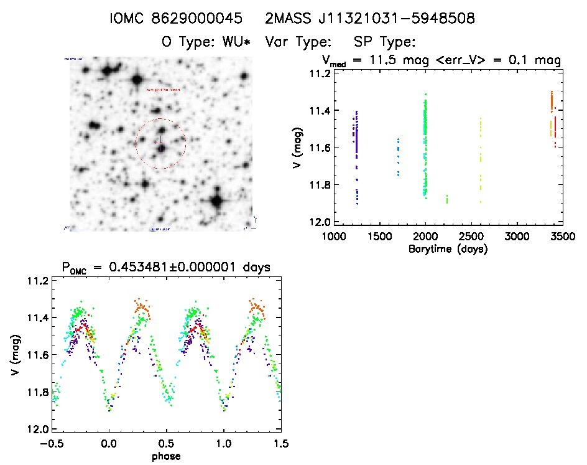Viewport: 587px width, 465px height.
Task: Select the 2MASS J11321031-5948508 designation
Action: coord(370,19)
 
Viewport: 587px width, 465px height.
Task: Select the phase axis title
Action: coord(166,456)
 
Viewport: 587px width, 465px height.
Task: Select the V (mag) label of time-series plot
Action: coord(300,148)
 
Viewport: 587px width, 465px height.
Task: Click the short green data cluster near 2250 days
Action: coord(447,199)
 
